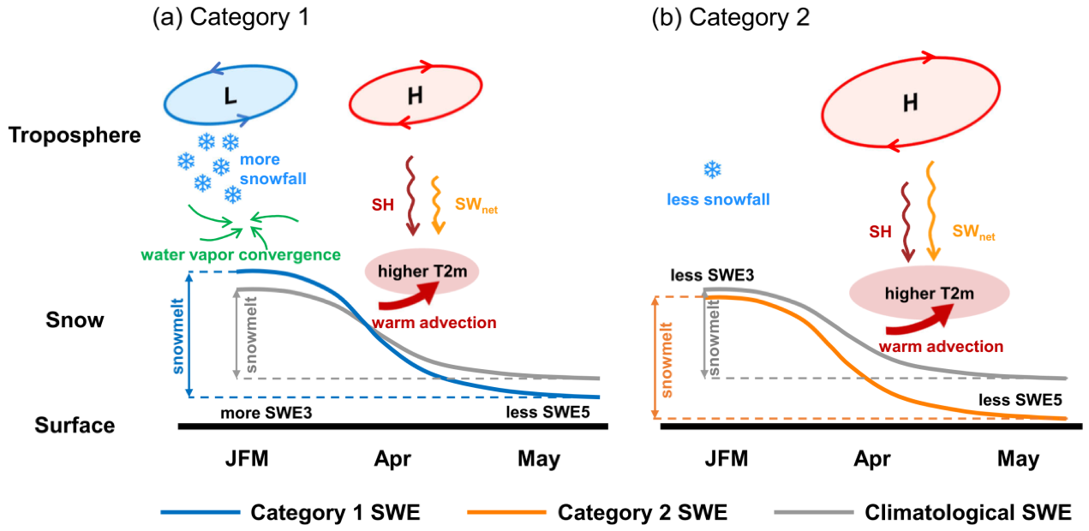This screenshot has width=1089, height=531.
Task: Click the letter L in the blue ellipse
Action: (230, 96)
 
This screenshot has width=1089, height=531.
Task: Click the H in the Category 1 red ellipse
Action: (415, 96)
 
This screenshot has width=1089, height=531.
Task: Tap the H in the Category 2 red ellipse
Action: (910, 103)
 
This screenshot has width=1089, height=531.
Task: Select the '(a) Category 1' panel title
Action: (230, 17)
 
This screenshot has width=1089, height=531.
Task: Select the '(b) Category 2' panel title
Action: (730, 17)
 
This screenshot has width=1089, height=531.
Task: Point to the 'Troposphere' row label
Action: (75, 135)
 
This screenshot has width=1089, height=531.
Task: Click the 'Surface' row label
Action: (75, 425)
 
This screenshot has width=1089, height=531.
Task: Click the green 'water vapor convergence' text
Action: (241, 255)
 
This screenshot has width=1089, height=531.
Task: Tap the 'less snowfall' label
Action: (718, 200)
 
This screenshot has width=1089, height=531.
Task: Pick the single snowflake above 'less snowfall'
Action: (712, 170)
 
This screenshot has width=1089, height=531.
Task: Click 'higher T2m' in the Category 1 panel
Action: (422, 271)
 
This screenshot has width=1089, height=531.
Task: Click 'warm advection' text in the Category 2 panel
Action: (941, 346)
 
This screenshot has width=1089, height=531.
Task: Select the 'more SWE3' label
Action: (266, 413)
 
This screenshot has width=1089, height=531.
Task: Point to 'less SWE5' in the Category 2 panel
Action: (1020, 400)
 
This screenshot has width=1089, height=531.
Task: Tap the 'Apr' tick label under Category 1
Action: (392, 459)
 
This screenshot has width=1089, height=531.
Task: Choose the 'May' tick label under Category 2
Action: (1018, 459)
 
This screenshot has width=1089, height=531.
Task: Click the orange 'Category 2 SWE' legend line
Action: (506, 512)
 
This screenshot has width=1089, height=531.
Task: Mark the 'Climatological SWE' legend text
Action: (968, 512)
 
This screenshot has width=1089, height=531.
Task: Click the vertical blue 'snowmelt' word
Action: (178, 337)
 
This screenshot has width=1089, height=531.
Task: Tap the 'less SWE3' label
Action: (712, 276)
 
